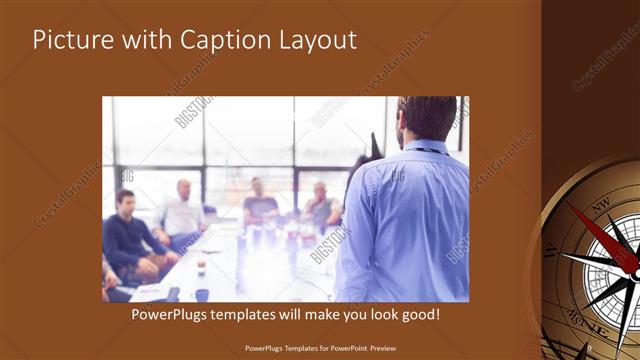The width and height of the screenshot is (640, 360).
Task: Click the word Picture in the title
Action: (x=70, y=41)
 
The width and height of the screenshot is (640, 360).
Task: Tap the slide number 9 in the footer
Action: (x=590, y=347)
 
